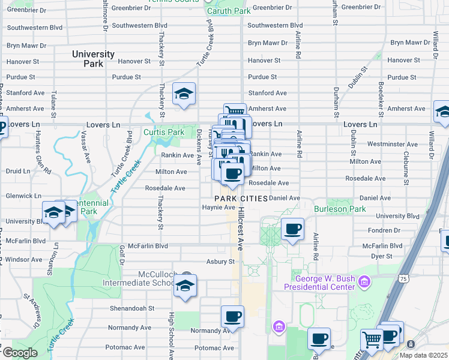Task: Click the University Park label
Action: (93, 58)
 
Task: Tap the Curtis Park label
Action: (163, 132)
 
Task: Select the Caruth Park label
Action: (229, 11)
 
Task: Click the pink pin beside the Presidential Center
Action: (364, 281)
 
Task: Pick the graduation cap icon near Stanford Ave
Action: (184, 94)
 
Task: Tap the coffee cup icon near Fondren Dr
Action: (292, 229)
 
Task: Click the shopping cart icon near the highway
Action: (372, 339)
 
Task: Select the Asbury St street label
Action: (220, 262)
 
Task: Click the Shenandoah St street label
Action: (131, 308)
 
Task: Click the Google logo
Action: (19, 353)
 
